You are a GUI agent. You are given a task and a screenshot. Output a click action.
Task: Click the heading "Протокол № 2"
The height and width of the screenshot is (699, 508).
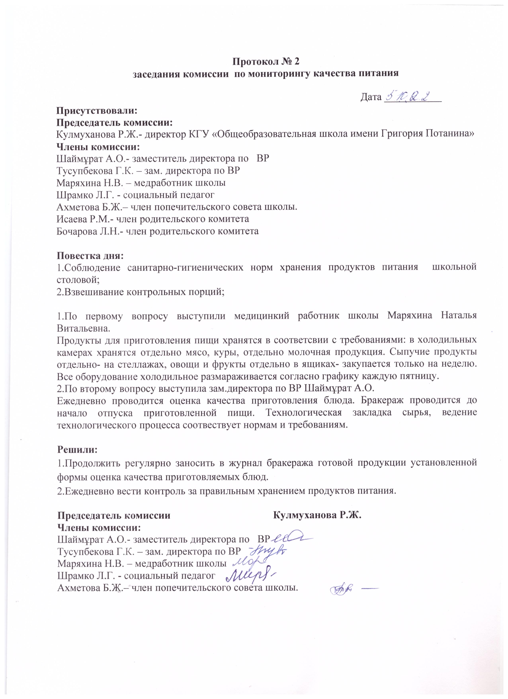[x=265, y=61]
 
